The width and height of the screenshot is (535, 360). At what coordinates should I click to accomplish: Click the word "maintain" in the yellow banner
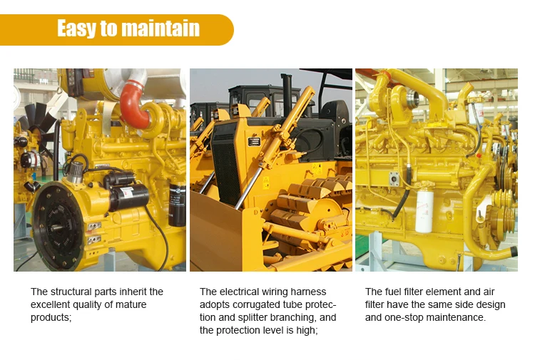tap(160, 29)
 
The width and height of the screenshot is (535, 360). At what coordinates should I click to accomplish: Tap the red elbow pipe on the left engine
tap(134, 105)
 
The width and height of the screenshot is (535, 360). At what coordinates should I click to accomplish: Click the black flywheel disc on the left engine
tap(57, 226)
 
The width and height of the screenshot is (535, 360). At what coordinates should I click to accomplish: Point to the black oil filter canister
tap(177, 205)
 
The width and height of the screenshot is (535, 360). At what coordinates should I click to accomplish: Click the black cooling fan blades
tap(38, 126)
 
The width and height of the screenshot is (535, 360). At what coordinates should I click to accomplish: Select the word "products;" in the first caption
tap(51, 318)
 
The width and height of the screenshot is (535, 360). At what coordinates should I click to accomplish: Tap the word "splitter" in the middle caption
tap(252, 317)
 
